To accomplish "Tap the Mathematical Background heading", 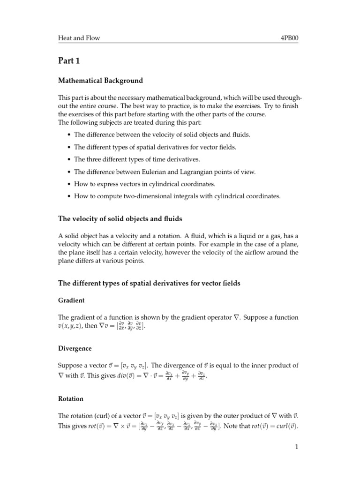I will click(x=100, y=81).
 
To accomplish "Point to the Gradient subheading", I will click(x=71, y=300).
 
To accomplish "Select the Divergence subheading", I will click(x=75, y=349).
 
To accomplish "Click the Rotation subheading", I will click(x=71, y=398).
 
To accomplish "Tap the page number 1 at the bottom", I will click(x=297, y=447).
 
